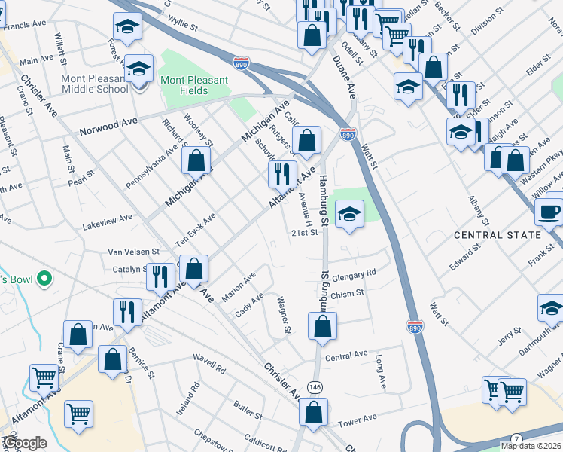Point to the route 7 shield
pos(516,439)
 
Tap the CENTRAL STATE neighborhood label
pos(498,235)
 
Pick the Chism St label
pos(347,294)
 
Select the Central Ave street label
pos(346,354)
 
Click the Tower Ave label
pos(358,418)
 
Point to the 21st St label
pos(306,233)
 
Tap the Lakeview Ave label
pos(108,217)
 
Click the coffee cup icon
pos(549,212)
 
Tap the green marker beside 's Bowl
pos(44,280)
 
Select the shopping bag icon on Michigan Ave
pos(196,160)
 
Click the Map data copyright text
pos(531,446)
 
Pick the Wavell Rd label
pos(209,369)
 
